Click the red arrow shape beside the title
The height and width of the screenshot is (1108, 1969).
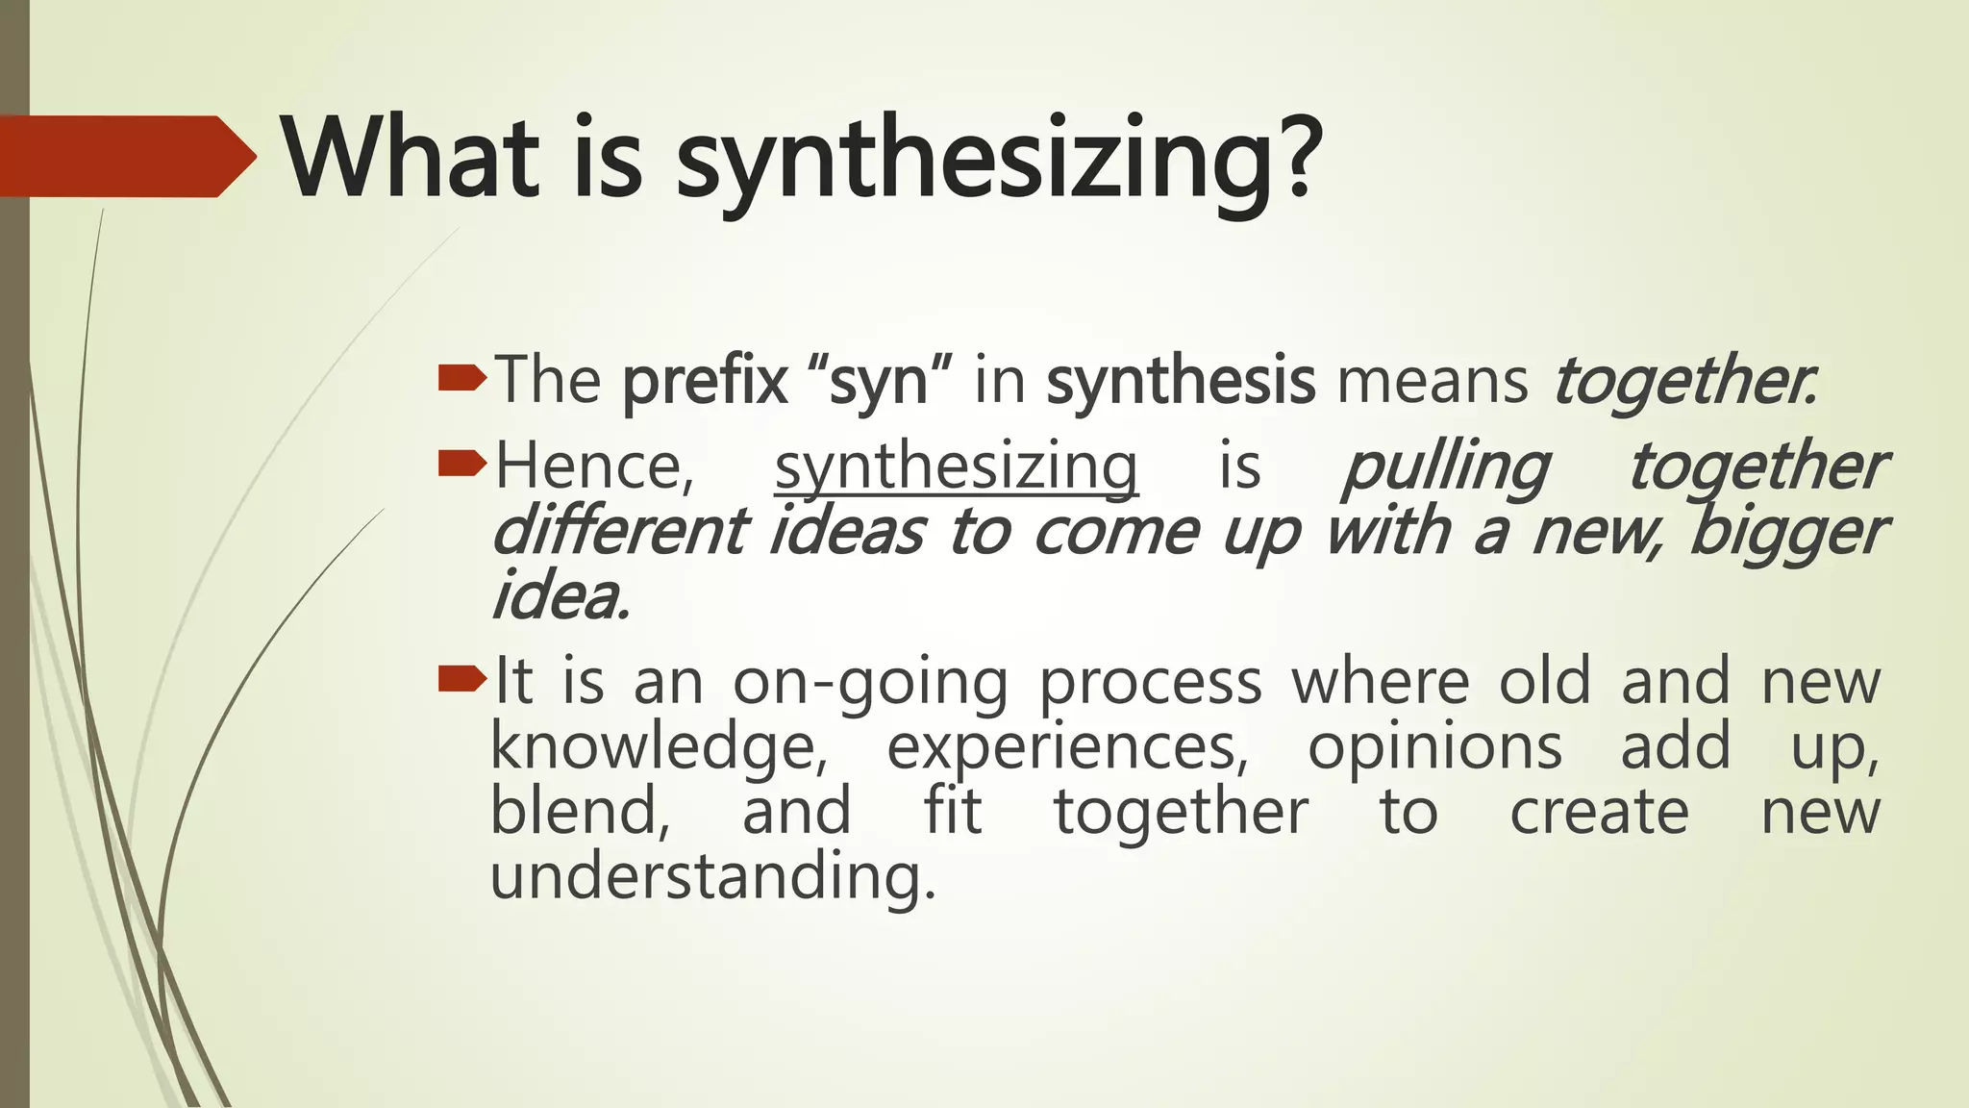[x=125, y=157]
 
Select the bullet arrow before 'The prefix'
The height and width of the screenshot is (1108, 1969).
[x=461, y=379]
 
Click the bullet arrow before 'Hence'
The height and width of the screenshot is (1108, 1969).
[x=461, y=465]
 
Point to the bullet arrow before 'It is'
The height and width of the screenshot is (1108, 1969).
[x=461, y=680]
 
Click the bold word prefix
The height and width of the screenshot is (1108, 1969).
[x=705, y=381]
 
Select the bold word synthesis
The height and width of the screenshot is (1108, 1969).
[x=1180, y=381]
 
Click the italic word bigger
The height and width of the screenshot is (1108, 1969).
[x=1788, y=533]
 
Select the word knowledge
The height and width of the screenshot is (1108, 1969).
[x=659, y=749]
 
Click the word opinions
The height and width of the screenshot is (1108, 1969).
[x=1434, y=749]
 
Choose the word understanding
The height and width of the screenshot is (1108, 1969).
[x=712, y=878]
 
